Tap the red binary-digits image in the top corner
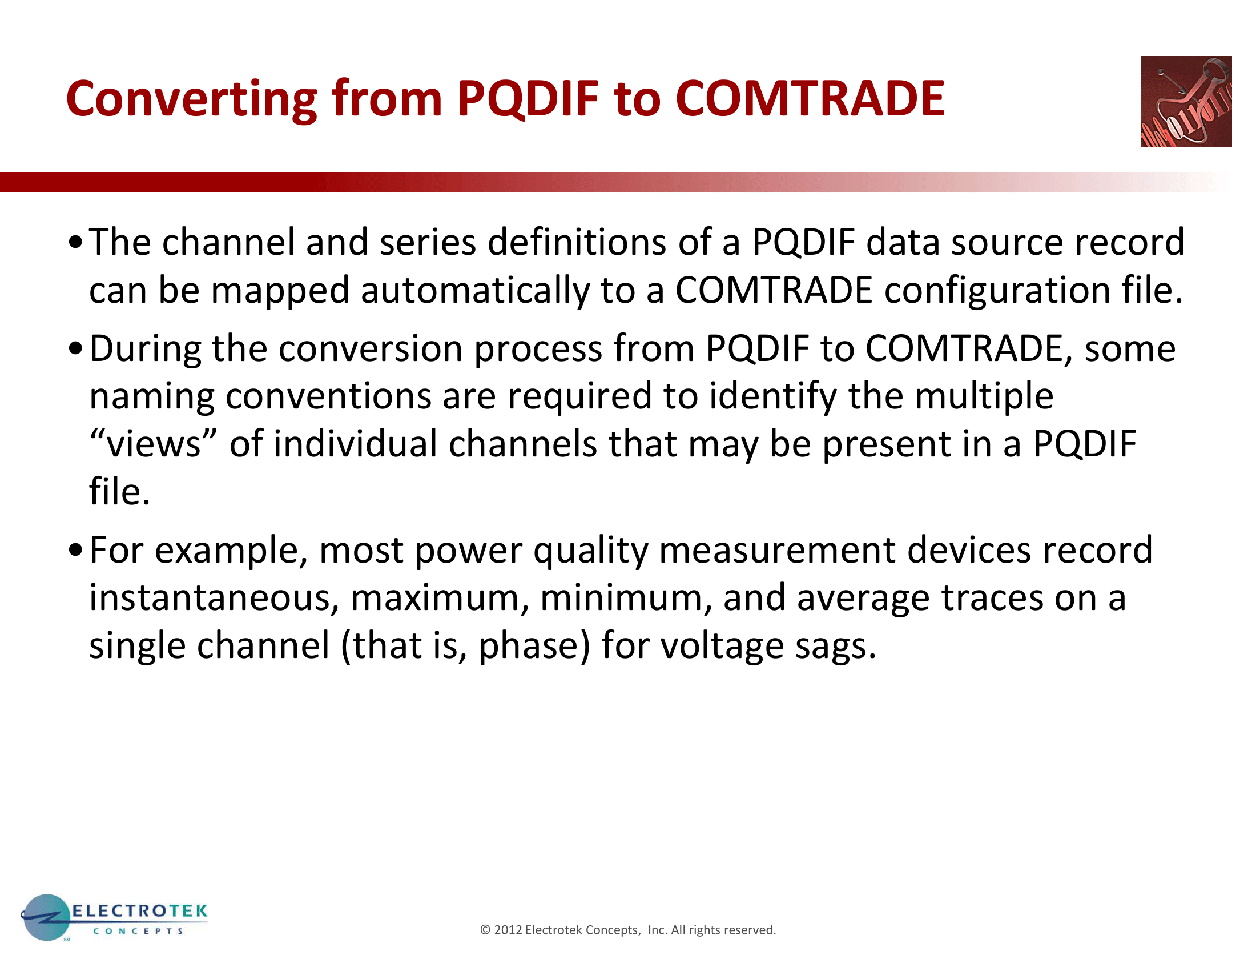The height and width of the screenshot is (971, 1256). [x=1186, y=102]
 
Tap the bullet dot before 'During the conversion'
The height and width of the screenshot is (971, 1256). [x=75, y=348]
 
